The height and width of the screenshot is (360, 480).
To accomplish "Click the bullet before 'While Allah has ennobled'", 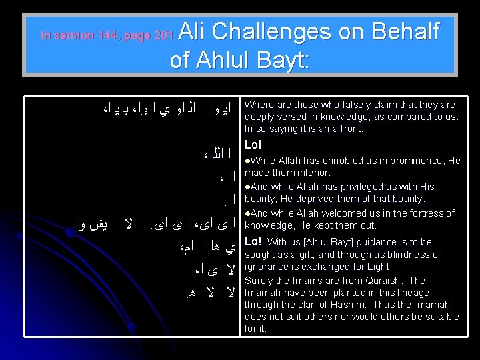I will click(x=247, y=161).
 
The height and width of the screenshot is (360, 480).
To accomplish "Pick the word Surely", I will click(x=259, y=280).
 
